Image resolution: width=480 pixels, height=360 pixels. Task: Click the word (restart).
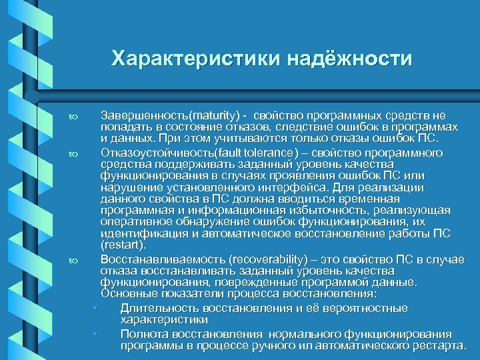coord(123,245)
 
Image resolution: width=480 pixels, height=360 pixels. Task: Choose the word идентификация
coord(143,234)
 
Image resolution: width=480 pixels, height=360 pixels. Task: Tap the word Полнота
coord(145,333)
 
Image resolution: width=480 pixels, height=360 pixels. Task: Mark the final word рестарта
coord(438,345)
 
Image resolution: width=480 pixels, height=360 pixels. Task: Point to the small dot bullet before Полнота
coord(97,334)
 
